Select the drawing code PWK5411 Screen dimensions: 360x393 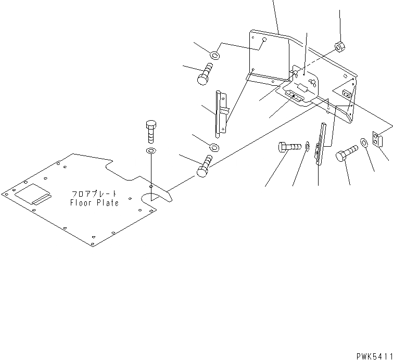(374, 356)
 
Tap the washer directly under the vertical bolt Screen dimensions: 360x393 (150, 151)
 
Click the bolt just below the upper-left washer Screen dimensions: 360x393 (204, 73)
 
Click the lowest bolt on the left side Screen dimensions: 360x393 (205, 166)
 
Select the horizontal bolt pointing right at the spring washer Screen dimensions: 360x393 (289, 148)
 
